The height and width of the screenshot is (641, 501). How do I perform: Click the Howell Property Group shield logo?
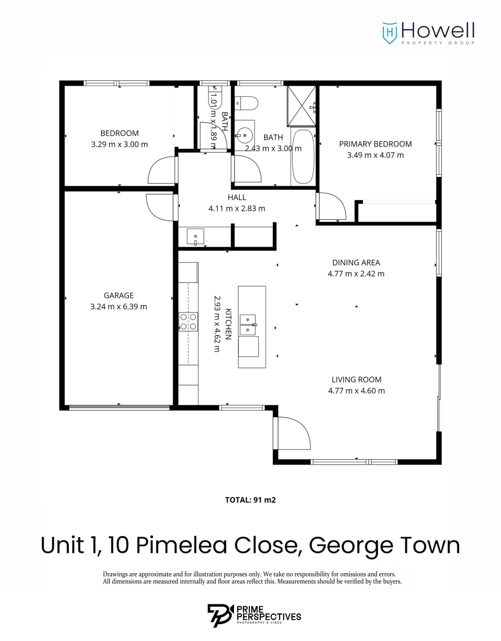389,33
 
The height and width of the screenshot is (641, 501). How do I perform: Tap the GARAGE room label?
119,295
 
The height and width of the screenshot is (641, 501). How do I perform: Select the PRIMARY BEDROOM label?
375,144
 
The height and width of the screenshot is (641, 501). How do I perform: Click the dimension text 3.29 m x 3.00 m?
119,144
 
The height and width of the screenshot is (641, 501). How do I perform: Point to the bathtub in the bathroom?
303,156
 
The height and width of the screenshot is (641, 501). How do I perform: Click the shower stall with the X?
302,106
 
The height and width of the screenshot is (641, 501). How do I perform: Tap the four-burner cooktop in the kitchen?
188,322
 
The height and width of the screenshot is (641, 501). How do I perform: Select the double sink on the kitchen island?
248,325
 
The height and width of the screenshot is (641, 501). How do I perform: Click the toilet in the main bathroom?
246,103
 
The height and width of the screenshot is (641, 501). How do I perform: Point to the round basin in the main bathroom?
245,136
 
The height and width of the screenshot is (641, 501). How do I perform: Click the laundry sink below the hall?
195,237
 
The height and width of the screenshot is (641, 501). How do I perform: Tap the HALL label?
237,197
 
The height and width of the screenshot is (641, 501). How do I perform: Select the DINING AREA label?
356,263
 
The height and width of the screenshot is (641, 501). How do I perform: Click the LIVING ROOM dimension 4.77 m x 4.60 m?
356,391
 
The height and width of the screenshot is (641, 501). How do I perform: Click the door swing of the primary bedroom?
331,206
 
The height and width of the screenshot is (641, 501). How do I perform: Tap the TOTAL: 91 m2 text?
250,500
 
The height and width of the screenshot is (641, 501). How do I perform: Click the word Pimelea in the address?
182,545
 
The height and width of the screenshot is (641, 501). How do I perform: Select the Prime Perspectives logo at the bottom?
254,616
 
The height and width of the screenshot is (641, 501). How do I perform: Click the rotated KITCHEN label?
228,324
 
